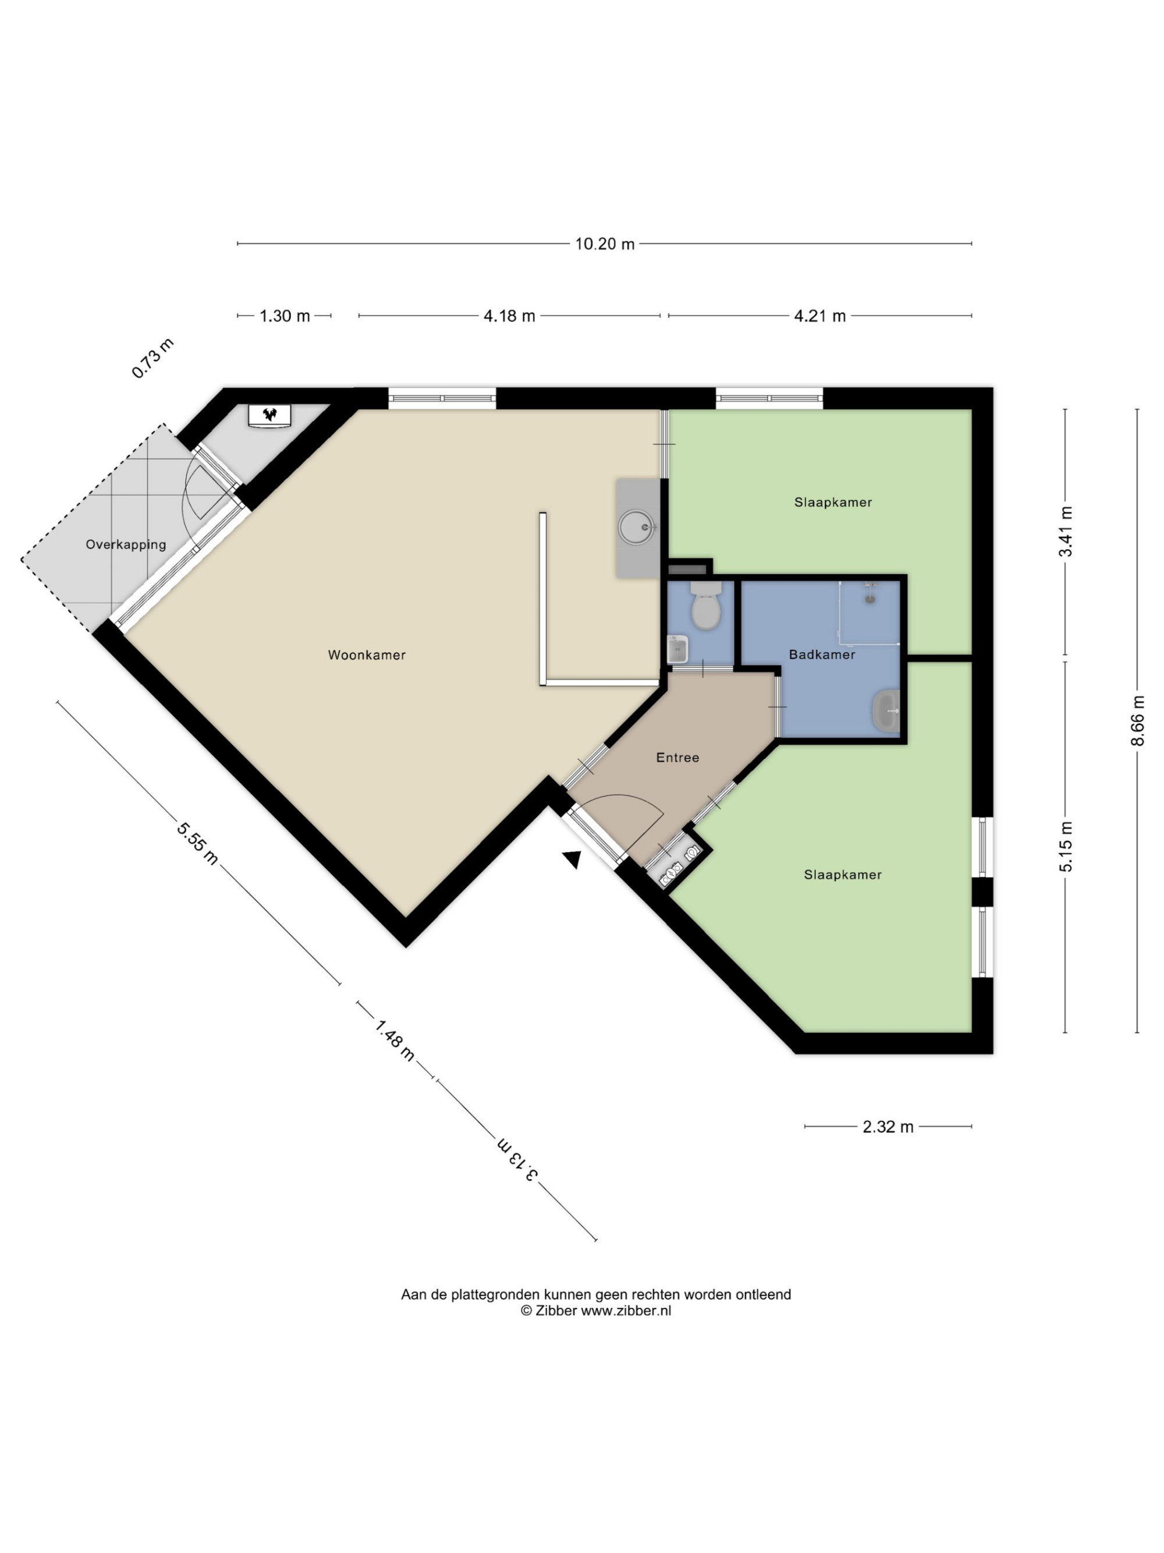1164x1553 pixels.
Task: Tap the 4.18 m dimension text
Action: [x=509, y=316]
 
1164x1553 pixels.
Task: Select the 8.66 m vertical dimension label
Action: [x=1137, y=720]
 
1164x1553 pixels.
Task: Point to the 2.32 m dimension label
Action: [x=888, y=1127]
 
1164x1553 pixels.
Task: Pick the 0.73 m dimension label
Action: [x=153, y=359]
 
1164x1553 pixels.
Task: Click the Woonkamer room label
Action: [x=367, y=655]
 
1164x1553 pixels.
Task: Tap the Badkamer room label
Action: [x=822, y=655]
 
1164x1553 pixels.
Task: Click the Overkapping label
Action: [x=126, y=545]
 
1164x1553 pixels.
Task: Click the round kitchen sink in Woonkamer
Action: [x=638, y=526]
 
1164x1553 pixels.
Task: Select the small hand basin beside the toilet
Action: [x=677, y=649]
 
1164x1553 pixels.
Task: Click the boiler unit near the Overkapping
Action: [x=270, y=415]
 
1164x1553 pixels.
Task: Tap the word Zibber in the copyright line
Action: [x=556, y=1311]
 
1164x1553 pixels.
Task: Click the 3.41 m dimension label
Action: [x=1065, y=532]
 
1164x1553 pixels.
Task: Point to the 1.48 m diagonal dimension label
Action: [x=395, y=1041]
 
